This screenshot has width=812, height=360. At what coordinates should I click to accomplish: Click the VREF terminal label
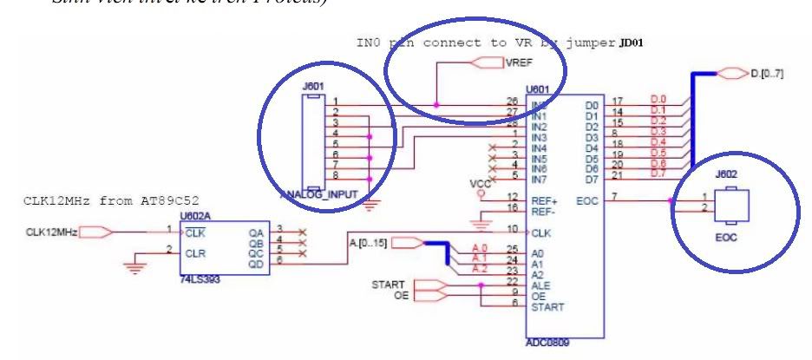(517, 62)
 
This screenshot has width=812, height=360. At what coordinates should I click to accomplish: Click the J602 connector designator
(724, 174)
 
